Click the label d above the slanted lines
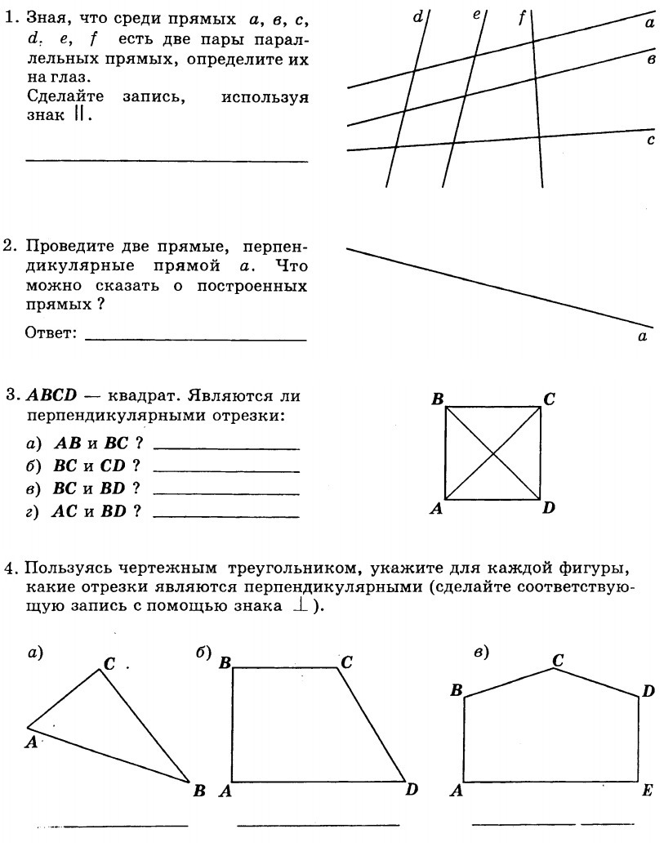tap(418, 16)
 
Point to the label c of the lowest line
tap(651, 140)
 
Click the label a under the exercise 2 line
tap(642, 337)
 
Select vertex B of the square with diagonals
tap(438, 399)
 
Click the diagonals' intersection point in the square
tap(492, 453)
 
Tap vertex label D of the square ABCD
tap(549, 508)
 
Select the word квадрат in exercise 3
tap(143, 396)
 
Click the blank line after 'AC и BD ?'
tap(225, 516)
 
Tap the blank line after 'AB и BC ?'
tap(225, 448)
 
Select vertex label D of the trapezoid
tap(412, 789)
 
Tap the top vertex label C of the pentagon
tap(558, 659)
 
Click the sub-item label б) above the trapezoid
tap(203, 652)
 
